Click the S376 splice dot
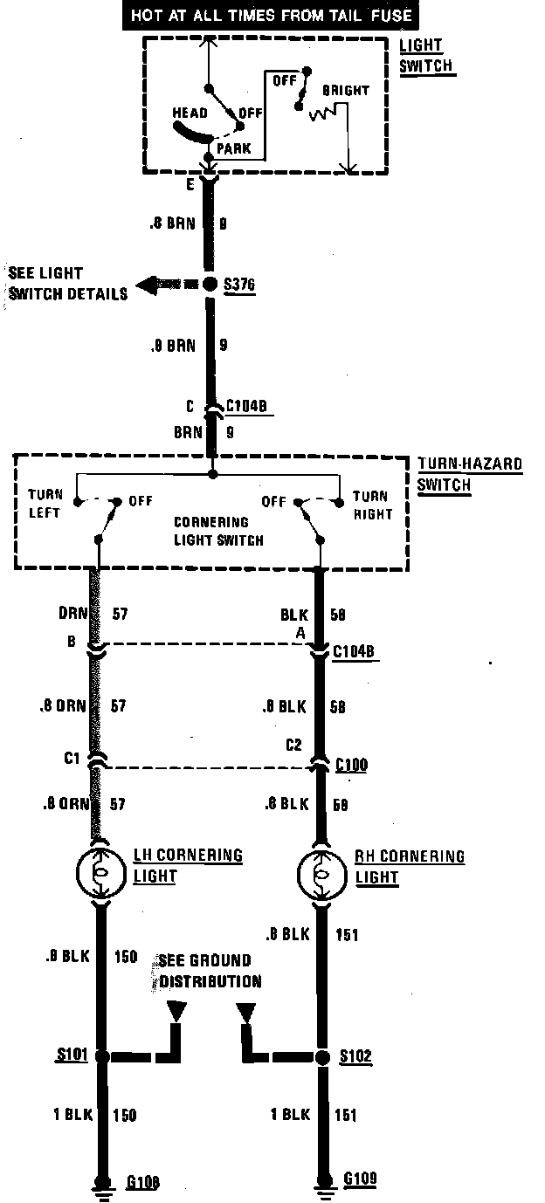(210, 285)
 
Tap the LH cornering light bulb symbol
(100, 871)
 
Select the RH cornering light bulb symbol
(320, 871)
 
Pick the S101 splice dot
(101, 1056)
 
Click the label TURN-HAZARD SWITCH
(469, 474)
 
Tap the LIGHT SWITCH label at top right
(427, 55)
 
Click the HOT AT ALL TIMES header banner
(272, 16)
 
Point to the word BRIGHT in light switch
(345, 90)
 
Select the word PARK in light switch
(233, 148)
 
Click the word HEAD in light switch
(190, 113)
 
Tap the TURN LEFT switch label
(45, 505)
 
